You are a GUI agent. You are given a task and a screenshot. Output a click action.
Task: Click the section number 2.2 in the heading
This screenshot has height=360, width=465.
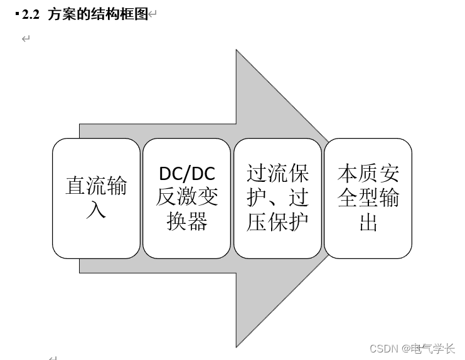point(31,14)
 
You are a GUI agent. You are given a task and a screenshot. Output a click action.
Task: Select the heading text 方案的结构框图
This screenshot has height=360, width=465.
point(98,14)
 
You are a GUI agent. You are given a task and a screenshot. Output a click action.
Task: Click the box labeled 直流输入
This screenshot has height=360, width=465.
point(96,198)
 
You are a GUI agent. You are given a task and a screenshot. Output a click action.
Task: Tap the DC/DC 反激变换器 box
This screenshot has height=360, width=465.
point(187,198)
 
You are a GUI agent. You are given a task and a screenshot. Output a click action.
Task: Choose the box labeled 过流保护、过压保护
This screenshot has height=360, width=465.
point(277,198)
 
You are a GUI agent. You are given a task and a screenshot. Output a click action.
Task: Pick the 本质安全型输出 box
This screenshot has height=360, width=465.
point(368,198)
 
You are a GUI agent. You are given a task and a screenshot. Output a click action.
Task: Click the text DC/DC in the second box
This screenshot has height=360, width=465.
point(187,174)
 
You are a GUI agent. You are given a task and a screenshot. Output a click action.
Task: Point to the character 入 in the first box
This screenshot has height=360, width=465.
point(96,209)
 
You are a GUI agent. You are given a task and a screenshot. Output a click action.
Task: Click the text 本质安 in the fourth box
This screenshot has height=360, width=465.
point(368,174)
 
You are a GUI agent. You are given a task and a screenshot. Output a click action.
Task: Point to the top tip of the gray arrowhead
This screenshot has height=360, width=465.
point(237,51)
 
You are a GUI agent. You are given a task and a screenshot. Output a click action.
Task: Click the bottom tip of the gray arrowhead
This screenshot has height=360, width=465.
point(237,346)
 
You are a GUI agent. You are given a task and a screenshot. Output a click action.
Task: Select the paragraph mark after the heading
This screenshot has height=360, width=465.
point(152,14)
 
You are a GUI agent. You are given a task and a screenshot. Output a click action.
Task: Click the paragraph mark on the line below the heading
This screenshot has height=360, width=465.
point(26,39)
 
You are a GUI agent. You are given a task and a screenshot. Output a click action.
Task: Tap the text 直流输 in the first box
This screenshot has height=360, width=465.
point(96,186)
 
